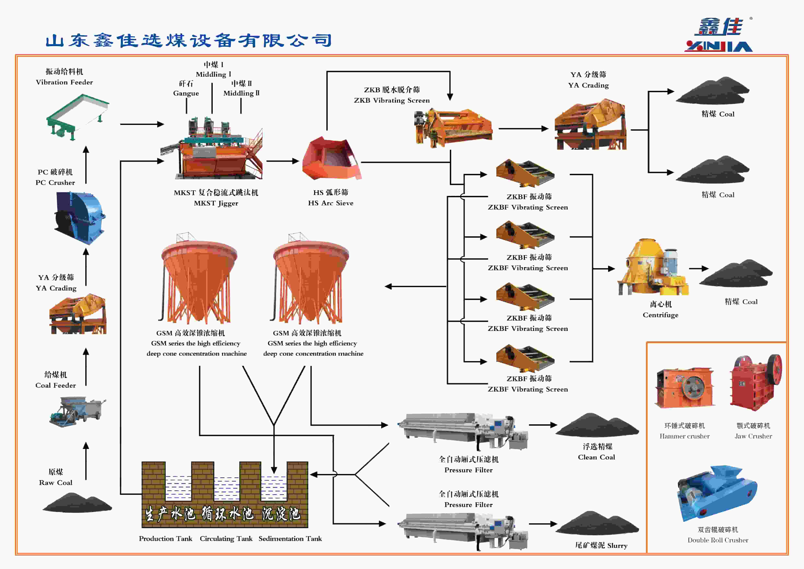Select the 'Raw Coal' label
(56, 482)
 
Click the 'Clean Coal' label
(596, 457)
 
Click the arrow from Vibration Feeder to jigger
(142, 124)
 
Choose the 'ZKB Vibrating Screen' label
(392, 100)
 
